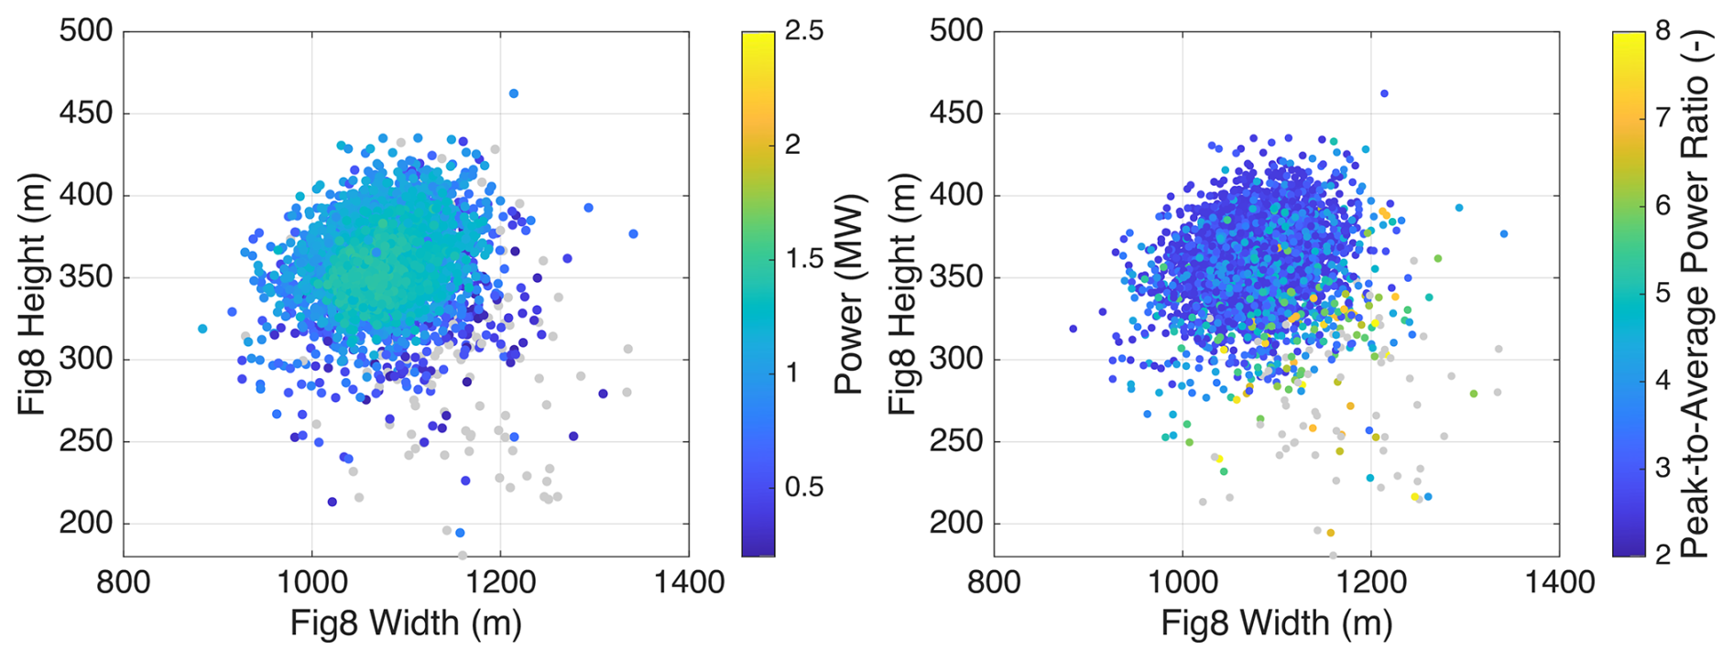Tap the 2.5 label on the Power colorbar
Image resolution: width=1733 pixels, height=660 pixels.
pos(804,31)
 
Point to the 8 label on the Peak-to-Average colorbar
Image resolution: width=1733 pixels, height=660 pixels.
pos(1663,31)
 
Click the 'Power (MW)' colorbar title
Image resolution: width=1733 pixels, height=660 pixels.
pos(850,294)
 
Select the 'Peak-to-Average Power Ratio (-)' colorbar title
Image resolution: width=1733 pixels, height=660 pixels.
pos(1696,294)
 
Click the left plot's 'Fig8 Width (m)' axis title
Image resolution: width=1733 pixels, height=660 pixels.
pos(406,624)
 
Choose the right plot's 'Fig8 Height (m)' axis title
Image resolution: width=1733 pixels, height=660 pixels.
pos(902,294)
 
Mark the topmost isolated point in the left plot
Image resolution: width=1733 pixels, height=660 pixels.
pos(514,93)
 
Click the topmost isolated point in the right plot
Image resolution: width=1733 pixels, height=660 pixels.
pos(1384,93)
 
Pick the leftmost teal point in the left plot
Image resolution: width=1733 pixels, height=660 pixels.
pos(202,329)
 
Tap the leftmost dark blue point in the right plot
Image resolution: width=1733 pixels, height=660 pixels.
pos(1073,329)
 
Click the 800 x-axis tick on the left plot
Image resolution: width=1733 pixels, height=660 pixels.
pos(124,582)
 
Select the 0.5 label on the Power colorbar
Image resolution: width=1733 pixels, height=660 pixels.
pos(804,487)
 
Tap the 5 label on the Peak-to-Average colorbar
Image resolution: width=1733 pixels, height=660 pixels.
pos(1663,293)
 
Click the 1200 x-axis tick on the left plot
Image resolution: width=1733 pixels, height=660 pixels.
pos(500,582)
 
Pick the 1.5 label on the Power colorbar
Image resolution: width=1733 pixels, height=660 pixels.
pos(804,259)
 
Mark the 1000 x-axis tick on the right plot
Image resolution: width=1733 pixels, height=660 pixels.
pos(1182,582)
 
